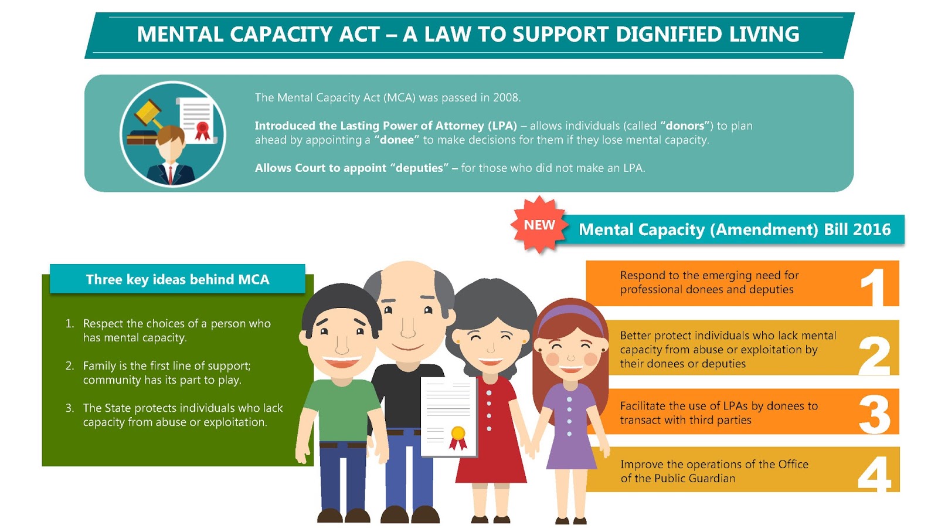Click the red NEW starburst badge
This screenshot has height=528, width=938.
[539, 225]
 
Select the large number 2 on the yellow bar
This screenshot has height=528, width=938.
[874, 355]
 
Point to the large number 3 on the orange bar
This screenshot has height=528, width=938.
[875, 414]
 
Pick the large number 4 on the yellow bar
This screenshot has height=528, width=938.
[874, 473]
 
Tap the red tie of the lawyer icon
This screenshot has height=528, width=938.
[171, 174]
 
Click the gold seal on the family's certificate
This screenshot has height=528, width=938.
[458, 434]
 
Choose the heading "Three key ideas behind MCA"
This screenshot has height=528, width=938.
[178, 279]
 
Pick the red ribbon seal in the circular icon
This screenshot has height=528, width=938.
[202, 130]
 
